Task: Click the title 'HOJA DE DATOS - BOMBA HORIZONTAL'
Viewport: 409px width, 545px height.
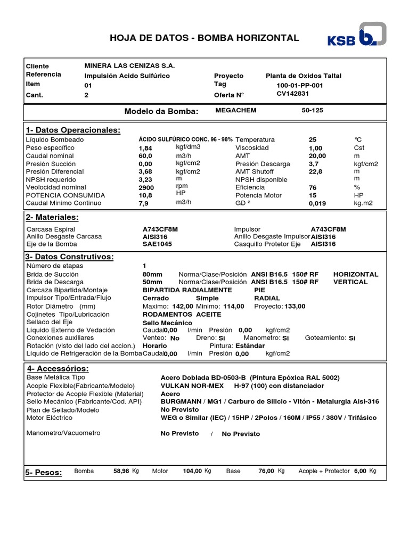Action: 204,38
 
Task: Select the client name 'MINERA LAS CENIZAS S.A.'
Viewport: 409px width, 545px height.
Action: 129,65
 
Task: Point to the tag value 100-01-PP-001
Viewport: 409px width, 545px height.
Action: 299,85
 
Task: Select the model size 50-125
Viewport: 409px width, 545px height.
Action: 312,110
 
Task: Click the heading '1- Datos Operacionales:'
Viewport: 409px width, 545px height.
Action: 73,130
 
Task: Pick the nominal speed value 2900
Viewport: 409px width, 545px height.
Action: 146,188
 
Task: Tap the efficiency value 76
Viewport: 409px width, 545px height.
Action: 313,188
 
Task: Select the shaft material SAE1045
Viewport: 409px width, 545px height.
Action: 157,244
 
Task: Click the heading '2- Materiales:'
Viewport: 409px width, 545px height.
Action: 52,217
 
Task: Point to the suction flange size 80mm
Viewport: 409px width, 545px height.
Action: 152,274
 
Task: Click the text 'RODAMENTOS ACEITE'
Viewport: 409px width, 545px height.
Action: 175,314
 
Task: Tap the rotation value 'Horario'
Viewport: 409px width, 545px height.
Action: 155,345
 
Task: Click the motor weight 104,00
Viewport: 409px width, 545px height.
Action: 192,471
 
